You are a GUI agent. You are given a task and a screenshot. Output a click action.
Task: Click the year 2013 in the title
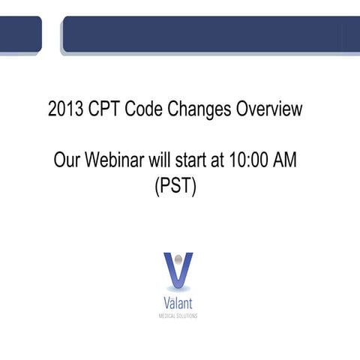64,109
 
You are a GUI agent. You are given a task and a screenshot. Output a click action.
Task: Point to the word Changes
199,110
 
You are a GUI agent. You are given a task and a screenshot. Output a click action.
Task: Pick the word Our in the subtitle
67,160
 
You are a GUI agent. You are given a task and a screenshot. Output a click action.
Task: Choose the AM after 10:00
292,160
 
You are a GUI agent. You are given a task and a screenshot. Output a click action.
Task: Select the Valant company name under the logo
178,303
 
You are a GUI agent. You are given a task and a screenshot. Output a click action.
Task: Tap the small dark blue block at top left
20,34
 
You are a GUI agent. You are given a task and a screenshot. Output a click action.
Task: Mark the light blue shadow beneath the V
178,288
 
